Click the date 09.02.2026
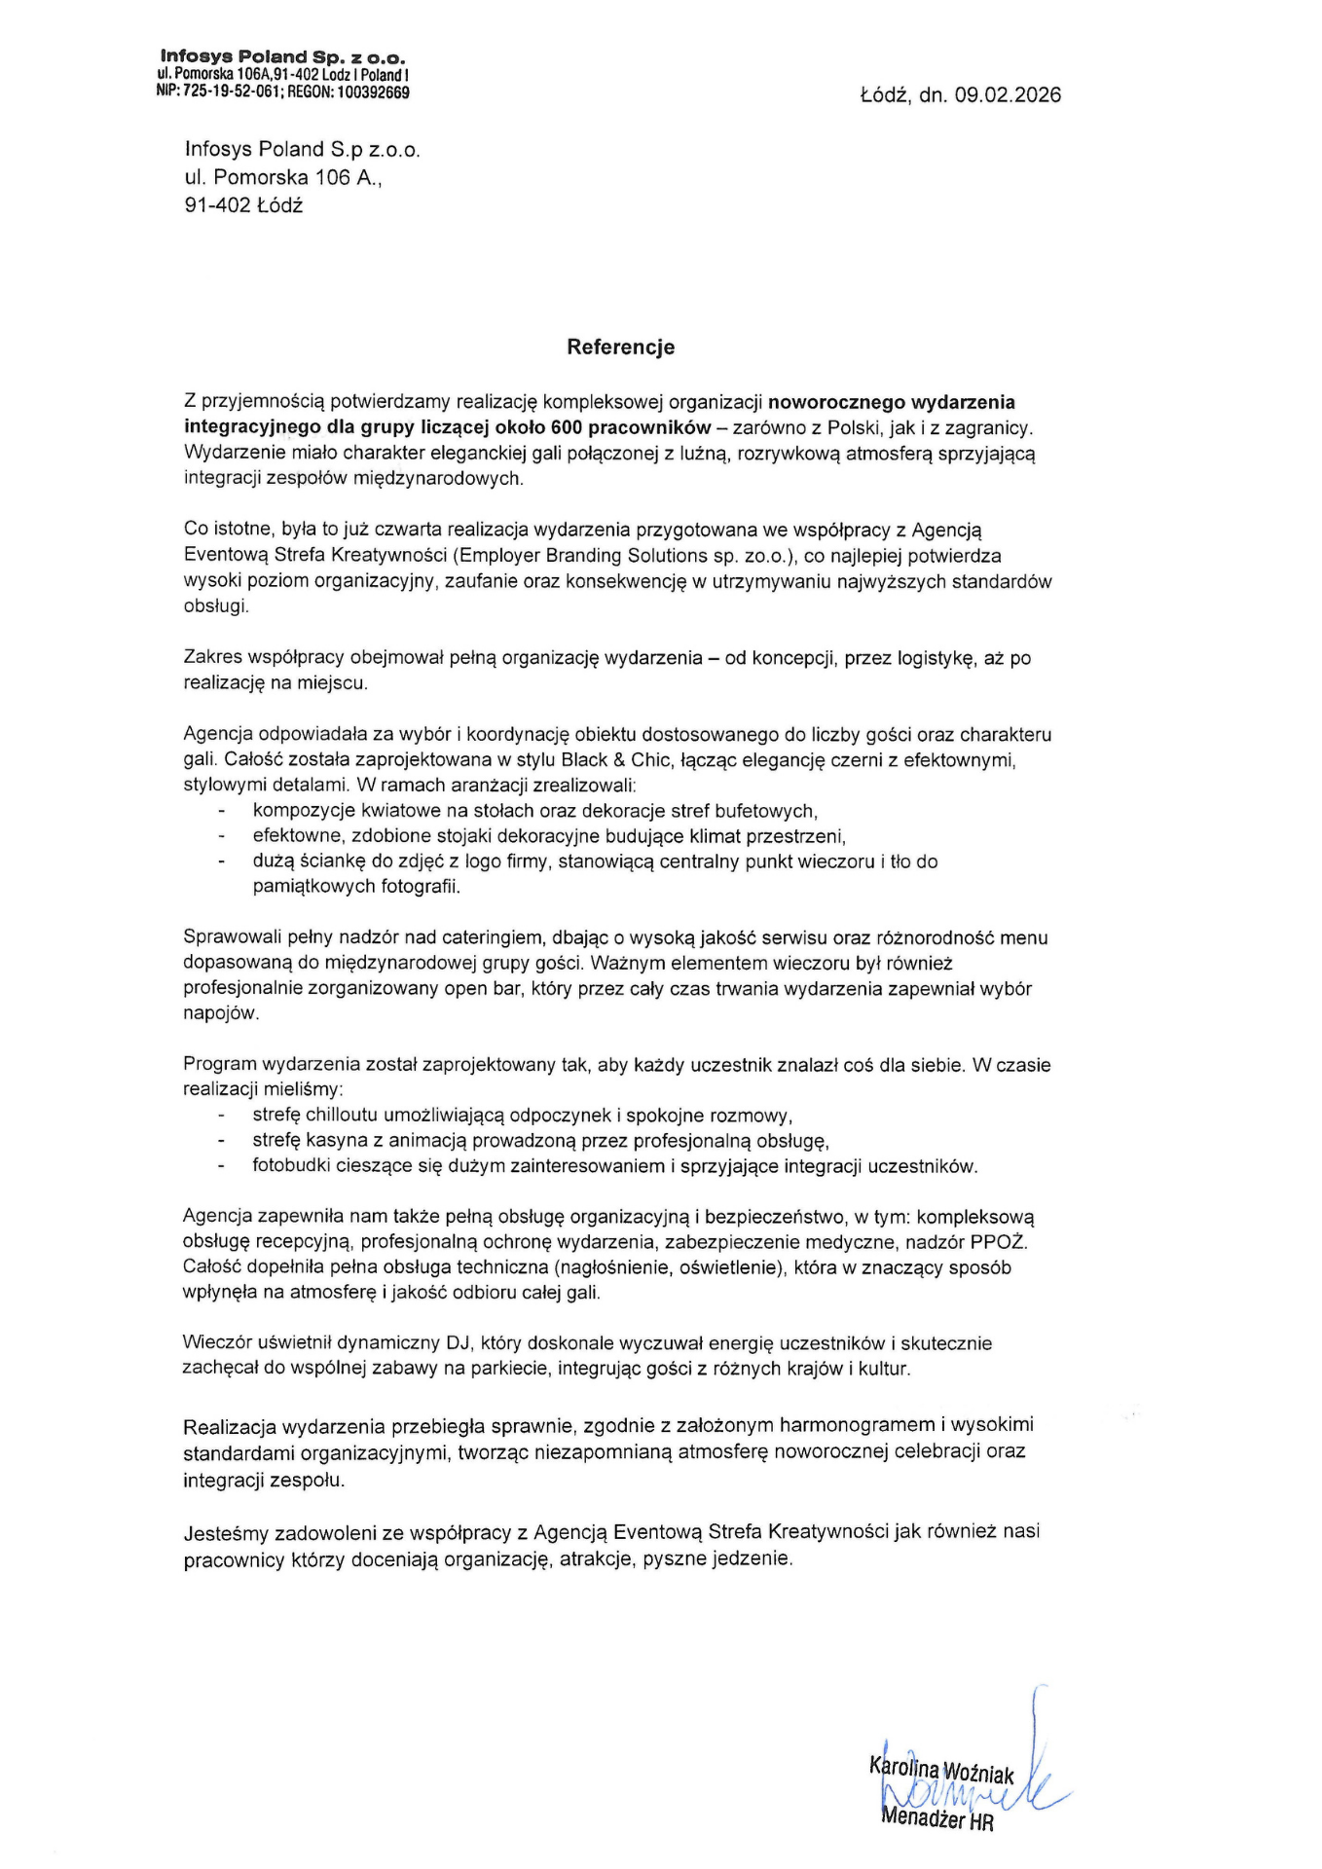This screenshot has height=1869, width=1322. click(1008, 95)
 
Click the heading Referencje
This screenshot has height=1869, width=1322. click(621, 348)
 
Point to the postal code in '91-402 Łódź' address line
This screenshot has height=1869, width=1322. click(217, 205)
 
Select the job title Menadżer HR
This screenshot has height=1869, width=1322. click(936, 1818)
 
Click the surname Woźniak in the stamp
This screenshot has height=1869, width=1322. click(978, 1774)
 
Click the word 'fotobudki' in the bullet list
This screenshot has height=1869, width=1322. click(290, 1166)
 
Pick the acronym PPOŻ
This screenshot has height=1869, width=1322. click(999, 1243)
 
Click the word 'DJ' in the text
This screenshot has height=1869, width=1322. click(459, 1344)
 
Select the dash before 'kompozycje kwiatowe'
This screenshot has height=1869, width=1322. click(222, 811)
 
